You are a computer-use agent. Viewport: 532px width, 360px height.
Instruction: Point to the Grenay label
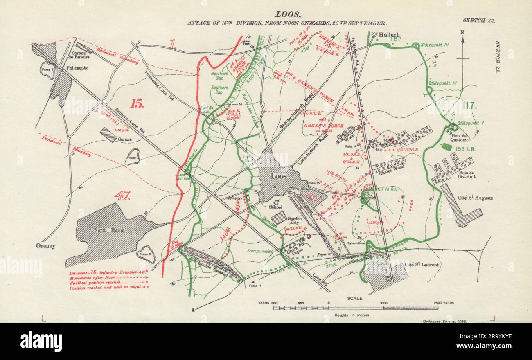coord(45,246)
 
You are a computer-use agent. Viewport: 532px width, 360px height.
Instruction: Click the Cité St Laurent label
coord(424,265)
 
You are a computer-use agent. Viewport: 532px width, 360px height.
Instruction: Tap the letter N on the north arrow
coord(462,32)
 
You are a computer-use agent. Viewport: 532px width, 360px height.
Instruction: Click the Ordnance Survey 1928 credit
coord(444,322)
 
